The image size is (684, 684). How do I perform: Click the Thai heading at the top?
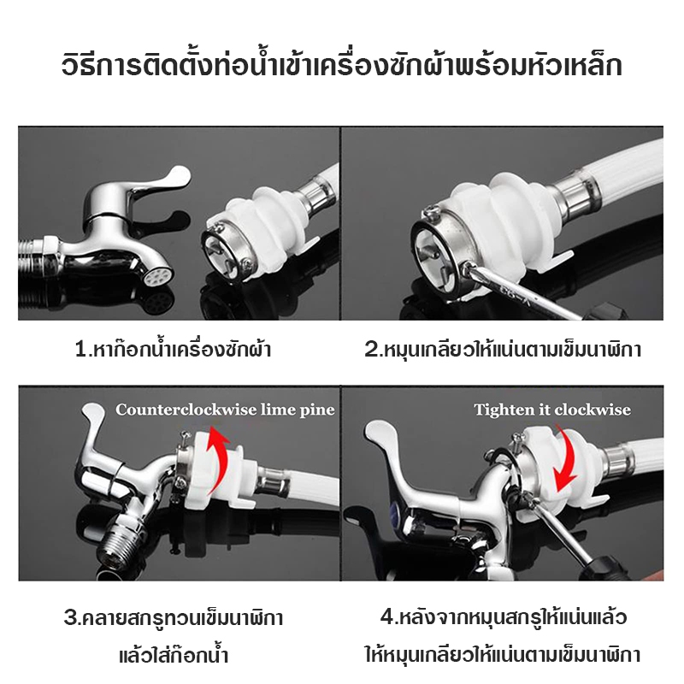tap(341, 67)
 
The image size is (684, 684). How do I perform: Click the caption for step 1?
tap(174, 350)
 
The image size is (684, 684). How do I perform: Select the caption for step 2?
tap(503, 350)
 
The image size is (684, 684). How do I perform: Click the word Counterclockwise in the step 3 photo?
tap(186, 410)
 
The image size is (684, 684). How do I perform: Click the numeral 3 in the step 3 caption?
tap(70, 618)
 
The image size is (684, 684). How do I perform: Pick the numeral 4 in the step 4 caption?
tap(387, 617)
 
